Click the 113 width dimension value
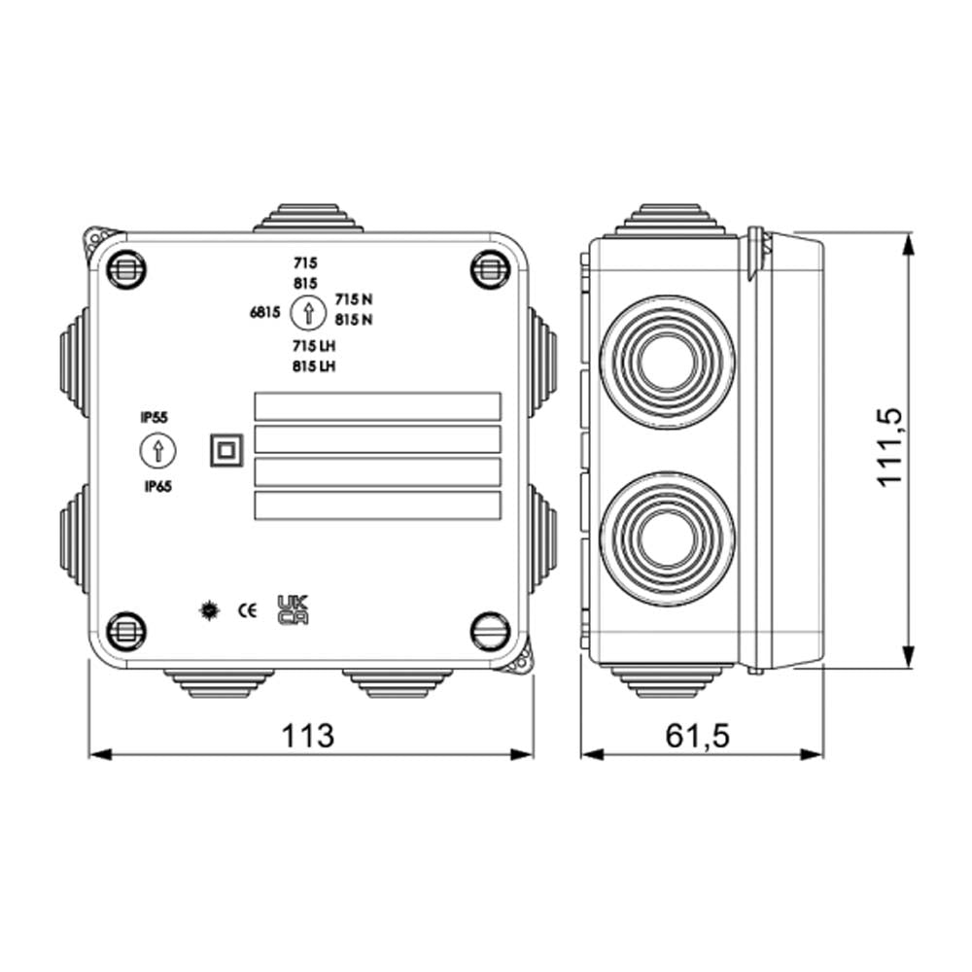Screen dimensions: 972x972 (309, 736)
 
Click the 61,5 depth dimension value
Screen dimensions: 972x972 (697, 736)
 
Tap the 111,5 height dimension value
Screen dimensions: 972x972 (890, 446)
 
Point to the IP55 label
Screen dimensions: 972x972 (155, 417)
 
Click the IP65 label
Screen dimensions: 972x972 (156, 487)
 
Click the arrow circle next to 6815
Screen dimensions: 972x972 (307, 313)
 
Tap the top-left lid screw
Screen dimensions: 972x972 (125, 268)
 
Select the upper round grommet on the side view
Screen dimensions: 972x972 (668, 363)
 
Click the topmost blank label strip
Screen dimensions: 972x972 (377, 406)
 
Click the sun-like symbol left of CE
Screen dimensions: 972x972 (207, 610)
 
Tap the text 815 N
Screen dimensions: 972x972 (354, 319)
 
